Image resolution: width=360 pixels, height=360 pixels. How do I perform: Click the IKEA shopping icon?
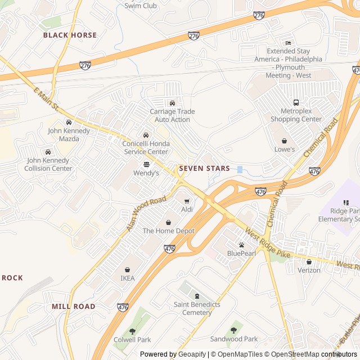coord(127,269)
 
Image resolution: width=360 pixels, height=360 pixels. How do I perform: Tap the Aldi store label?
coord(187,210)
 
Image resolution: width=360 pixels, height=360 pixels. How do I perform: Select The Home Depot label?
coord(168,231)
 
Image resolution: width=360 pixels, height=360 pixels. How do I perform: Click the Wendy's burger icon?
coord(146,164)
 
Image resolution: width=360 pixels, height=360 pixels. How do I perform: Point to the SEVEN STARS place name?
coord(204,168)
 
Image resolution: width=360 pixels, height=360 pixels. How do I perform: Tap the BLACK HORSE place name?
coord(70,35)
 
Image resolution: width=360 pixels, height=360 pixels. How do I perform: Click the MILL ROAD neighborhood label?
coord(73,307)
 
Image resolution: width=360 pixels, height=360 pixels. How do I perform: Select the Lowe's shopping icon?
coord(285,141)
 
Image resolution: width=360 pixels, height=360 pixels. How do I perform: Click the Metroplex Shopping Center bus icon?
coord(296,102)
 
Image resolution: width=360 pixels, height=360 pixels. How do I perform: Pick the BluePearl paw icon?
coord(241,245)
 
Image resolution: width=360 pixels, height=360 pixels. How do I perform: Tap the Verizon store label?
coord(309,270)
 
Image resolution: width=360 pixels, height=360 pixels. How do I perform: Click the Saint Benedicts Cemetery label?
coord(197,308)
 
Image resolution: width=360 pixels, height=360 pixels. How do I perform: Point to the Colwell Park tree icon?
coord(132,331)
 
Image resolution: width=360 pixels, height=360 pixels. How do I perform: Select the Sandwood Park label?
coord(234,339)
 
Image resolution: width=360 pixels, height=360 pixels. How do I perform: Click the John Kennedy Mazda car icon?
coord(69,122)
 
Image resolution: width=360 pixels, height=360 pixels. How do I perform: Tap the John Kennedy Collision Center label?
coord(48,164)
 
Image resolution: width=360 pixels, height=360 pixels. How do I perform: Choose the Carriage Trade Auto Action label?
coord(172,115)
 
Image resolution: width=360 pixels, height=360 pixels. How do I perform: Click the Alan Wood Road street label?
coord(146,213)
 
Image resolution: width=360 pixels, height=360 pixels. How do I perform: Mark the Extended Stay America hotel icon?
coord(289,43)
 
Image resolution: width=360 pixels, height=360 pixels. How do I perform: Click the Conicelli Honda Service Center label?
coord(146,147)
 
